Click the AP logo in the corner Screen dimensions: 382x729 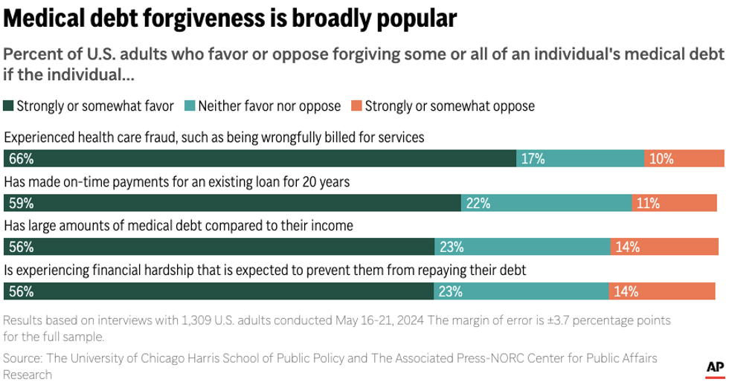[x=714, y=367]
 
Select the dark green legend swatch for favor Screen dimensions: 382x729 [x=9, y=106]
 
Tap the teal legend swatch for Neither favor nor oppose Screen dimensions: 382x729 [x=190, y=106]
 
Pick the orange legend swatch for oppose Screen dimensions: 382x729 [x=356, y=106]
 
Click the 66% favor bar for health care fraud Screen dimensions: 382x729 [x=260, y=158]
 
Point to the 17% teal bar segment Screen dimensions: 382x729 [x=580, y=158]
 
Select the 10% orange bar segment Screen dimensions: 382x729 [x=684, y=158]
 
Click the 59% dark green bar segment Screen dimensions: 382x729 [x=233, y=203]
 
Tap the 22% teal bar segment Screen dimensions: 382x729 [x=547, y=203]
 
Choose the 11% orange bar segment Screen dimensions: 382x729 [x=678, y=203]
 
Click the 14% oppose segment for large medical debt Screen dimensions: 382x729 [x=667, y=247]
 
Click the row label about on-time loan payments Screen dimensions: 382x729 [x=177, y=181]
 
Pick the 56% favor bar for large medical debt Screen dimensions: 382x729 [x=219, y=247]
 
